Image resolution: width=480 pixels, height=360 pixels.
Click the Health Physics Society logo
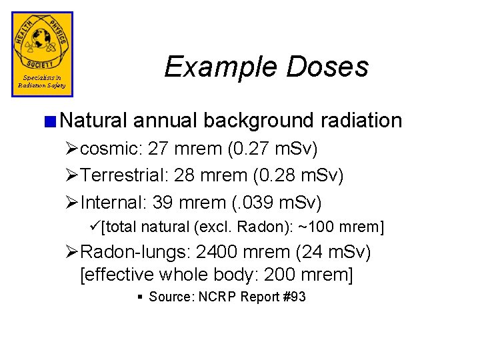pos(42,53)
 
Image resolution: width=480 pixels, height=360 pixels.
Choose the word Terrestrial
pos(124,175)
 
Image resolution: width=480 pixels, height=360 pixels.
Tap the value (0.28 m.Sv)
pos(297,175)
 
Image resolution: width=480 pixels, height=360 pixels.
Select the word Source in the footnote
pos(168,297)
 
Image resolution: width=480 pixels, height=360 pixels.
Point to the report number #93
pos(293,297)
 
